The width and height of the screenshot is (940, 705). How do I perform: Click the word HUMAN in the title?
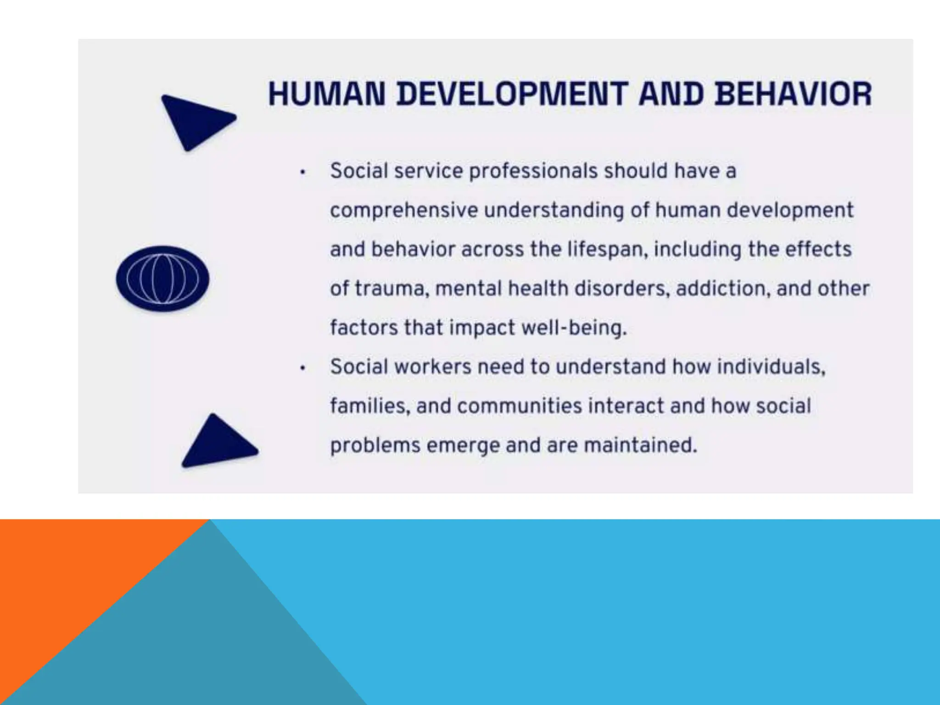(x=326, y=94)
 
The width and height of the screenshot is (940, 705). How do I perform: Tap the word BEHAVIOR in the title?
(x=793, y=94)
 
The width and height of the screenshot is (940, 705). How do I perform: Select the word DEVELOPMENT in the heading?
(x=512, y=94)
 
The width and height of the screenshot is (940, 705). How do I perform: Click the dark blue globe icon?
(x=162, y=279)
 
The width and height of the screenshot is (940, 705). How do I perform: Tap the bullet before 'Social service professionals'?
(x=302, y=173)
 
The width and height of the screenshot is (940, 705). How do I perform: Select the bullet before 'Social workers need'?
(x=302, y=368)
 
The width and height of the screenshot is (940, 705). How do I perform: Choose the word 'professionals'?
(x=533, y=171)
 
